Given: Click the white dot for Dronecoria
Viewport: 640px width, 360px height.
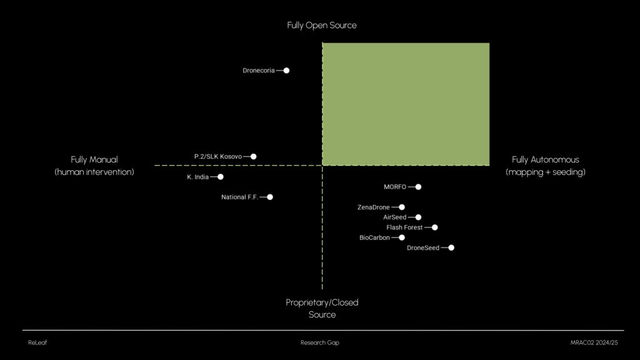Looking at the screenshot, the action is (286, 71).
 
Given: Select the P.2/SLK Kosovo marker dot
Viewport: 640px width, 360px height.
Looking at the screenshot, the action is (254, 156).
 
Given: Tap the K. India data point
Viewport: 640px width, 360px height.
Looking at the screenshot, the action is (221, 177).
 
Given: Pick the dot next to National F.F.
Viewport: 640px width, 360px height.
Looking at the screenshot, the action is (270, 197).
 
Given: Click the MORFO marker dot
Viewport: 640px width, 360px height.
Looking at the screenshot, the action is (418, 187).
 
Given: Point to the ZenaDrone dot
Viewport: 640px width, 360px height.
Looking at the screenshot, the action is (402, 207).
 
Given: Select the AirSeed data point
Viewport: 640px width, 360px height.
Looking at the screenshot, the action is (418, 217).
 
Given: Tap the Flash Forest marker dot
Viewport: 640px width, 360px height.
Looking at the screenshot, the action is (435, 227).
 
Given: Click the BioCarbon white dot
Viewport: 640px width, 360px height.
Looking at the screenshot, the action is (402, 237).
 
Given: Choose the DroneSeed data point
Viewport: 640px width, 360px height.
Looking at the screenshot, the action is (451, 247).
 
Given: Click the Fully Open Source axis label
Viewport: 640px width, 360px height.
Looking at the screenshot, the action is (322, 25).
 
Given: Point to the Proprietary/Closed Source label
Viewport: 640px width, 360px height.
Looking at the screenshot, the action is (322, 308).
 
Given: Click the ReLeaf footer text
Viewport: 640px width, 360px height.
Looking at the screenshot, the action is (37, 342).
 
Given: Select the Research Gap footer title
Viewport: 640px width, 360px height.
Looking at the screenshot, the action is (320, 342).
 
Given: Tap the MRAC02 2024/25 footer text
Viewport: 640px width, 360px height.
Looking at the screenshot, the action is (594, 342).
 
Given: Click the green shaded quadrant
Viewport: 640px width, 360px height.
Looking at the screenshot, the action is (406, 104).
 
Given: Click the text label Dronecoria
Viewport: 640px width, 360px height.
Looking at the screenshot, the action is (258, 71).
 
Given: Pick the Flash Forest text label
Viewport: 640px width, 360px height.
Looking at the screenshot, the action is (404, 227).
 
